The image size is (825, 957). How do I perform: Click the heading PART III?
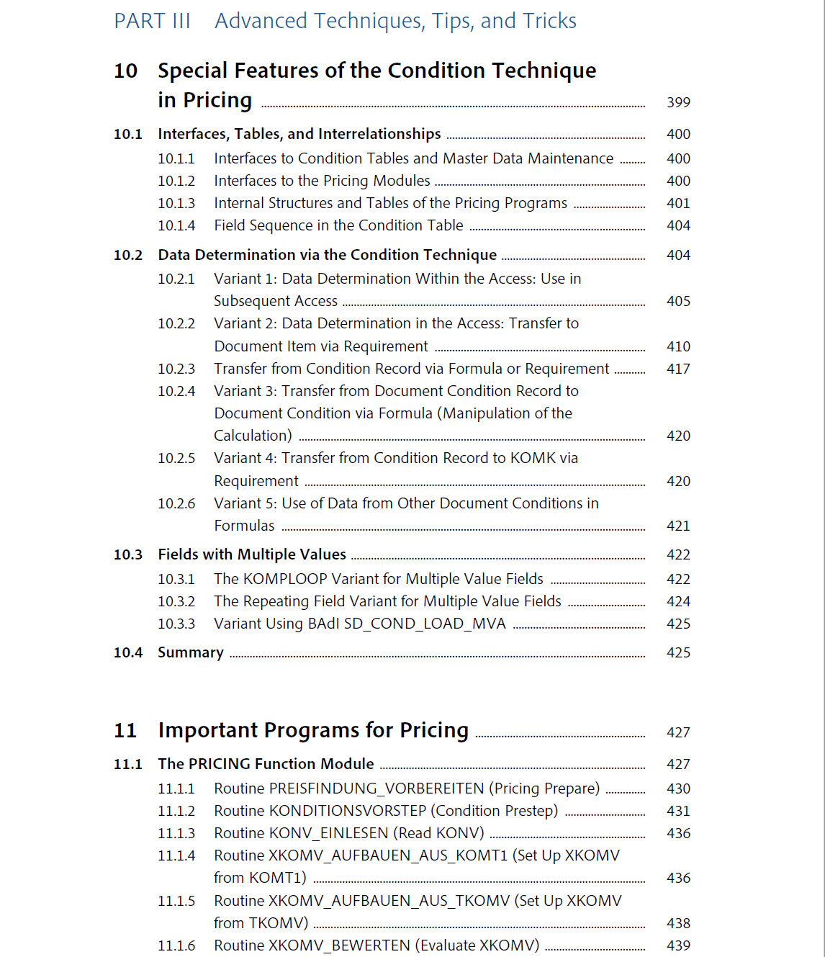click(x=152, y=21)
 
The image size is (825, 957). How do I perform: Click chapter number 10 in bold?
click(x=125, y=71)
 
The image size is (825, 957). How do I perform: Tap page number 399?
click(x=678, y=102)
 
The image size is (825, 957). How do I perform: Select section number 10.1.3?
click(x=176, y=203)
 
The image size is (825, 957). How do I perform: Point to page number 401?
click(x=678, y=203)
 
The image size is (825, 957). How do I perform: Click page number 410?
click(x=678, y=346)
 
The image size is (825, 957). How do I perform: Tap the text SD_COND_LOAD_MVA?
click(x=425, y=624)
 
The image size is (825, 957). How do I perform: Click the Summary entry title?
click(x=191, y=652)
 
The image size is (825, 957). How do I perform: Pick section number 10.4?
click(x=128, y=652)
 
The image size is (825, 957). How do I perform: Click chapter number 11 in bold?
click(x=125, y=730)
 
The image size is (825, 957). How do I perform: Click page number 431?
click(x=678, y=811)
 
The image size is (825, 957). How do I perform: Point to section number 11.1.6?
click(x=176, y=945)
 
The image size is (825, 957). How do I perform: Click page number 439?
click(x=678, y=945)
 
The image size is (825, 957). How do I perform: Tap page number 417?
click(x=678, y=369)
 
